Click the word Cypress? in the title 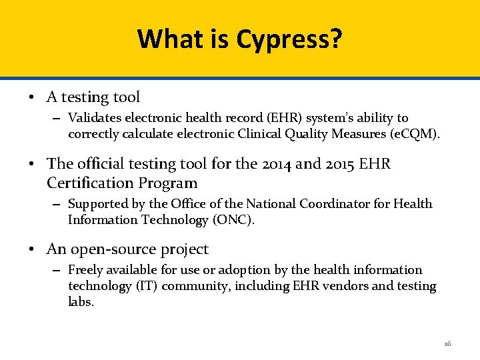coord(289,39)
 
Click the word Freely coord(85,270)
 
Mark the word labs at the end coord(81,301)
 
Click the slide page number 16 coord(447,343)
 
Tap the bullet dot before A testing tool coord(32,97)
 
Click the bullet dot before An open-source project coord(32,249)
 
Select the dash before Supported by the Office coord(55,204)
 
